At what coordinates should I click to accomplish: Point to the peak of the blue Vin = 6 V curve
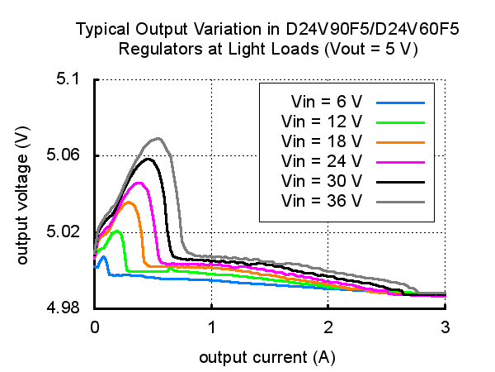coord(103,257)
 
